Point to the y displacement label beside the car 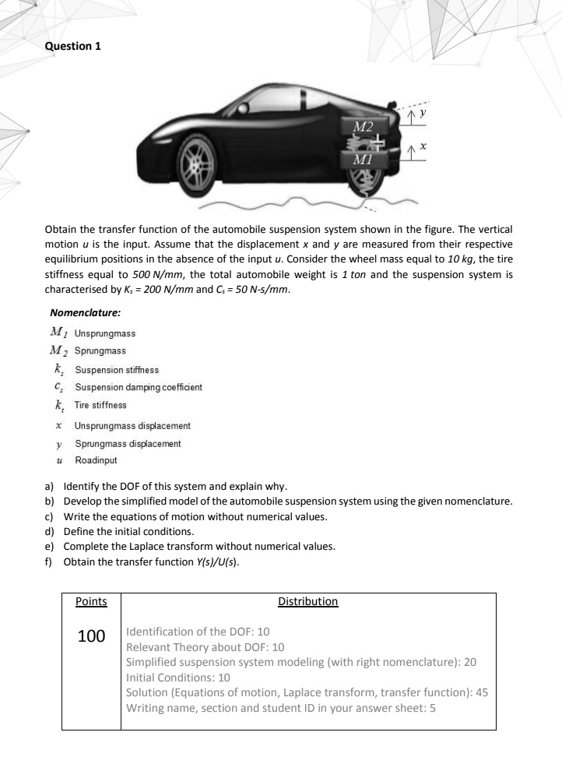point(424,113)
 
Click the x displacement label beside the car point(424,146)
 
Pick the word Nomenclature point(86,315)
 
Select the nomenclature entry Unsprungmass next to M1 point(105,333)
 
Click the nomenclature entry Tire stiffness point(100,405)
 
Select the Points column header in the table point(91,601)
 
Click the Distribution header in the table point(307,601)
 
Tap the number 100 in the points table point(91,636)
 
